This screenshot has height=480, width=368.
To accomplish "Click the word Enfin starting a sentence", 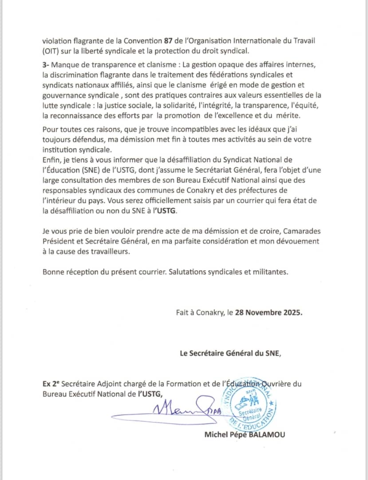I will coord(52,160).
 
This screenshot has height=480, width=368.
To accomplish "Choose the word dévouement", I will coord(297,241).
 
